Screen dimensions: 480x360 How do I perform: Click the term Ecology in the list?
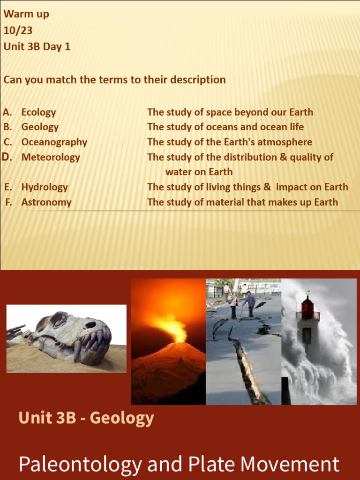pos(38,112)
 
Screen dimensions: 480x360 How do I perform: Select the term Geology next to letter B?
pos(40,127)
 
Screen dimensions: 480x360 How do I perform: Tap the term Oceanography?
pos(54,142)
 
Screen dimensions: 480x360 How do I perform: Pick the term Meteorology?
pos(51,157)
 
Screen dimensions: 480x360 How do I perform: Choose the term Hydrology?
pos(45,187)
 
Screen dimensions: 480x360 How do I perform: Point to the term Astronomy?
pos(46,202)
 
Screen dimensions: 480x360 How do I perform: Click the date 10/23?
pos(18,30)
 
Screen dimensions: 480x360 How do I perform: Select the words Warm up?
pos(26,14)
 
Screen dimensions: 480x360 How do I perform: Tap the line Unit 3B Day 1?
pos(37,47)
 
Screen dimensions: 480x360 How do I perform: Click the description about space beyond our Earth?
pos(230,112)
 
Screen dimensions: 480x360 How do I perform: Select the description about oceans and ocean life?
pos(225,127)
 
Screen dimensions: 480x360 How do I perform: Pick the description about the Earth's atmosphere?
pos(229,142)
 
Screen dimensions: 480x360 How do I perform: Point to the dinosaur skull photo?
pos(66,338)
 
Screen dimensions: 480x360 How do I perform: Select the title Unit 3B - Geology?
pos(86,417)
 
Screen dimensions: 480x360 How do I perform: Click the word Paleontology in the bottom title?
pos(80,464)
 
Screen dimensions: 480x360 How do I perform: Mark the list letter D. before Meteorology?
pos(7,157)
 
